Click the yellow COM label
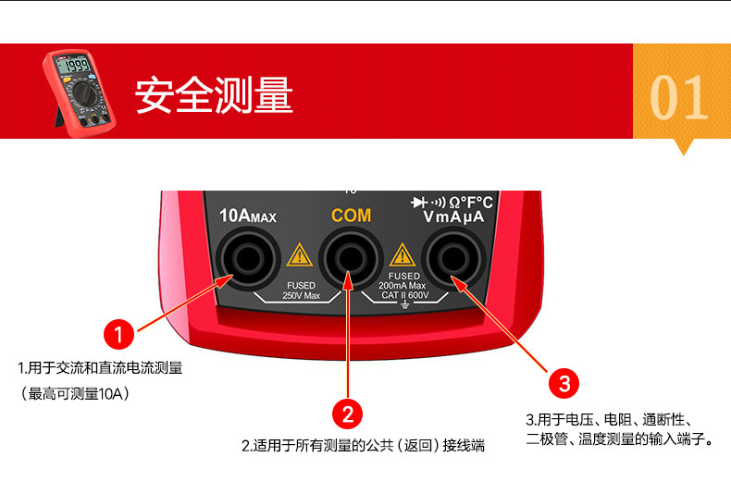pos(351,216)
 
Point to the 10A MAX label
pos(248,216)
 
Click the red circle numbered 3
pos(564,382)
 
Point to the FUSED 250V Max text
pos(301,290)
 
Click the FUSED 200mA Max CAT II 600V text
pos(404,286)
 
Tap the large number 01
pos(680,97)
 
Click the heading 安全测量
pos(214,95)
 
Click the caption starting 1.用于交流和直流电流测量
pos(100,368)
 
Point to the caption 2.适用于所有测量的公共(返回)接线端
pos(363,446)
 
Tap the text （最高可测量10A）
pos(75,394)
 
